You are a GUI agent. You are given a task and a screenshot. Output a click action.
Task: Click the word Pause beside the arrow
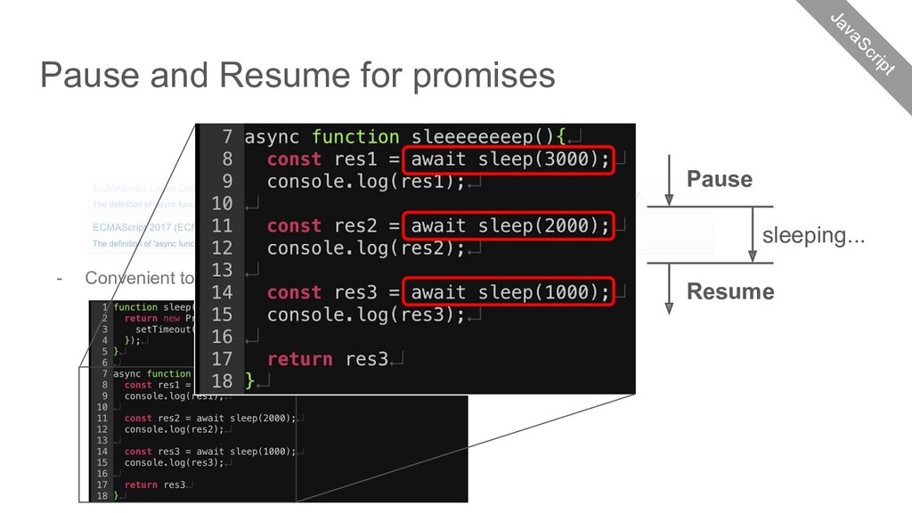[719, 180]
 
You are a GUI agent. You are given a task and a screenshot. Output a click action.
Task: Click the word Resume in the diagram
[730, 292]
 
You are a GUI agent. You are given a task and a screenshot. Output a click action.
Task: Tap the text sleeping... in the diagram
[813, 236]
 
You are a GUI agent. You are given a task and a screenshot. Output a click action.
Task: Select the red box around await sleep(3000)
[509, 159]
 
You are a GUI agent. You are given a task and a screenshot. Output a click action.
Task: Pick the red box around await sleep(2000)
[509, 226]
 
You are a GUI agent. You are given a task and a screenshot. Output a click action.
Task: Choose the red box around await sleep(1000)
[509, 292]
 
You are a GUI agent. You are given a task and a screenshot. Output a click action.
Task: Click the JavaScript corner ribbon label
[861, 43]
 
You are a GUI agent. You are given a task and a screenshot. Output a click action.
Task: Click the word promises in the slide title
[483, 76]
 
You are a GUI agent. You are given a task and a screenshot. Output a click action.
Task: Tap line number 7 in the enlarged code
[226, 137]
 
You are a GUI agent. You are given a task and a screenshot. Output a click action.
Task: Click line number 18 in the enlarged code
[221, 380]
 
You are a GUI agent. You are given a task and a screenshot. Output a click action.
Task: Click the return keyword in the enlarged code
[299, 359]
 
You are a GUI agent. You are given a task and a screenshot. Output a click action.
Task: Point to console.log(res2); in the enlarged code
[366, 248]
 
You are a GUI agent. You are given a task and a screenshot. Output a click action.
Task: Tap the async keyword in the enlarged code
[272, 137]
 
